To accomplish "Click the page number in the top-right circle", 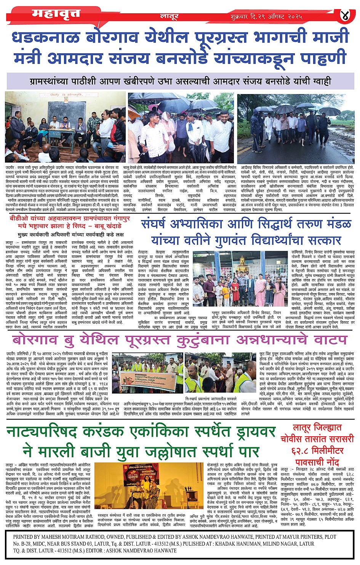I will coord(345,16).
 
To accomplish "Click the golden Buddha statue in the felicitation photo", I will coord(242,265).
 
